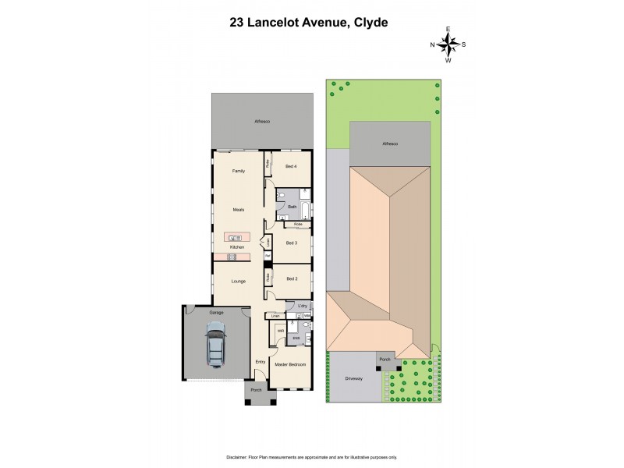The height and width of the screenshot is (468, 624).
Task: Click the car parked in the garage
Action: tap(214, 345)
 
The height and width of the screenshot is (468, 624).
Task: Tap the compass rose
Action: tap(448, 44)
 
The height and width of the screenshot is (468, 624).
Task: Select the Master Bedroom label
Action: tap(289, 364)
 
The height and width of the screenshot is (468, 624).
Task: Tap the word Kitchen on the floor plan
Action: tap(236, 247)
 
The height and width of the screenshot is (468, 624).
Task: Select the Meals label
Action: tap(239, 209)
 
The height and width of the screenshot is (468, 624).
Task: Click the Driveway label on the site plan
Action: tap(354, 378)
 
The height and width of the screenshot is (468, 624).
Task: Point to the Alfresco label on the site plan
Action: tap(389, 144)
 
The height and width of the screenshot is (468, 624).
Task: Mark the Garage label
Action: tap(216, 312)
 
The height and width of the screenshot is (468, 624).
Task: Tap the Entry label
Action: tap(261, 362)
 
